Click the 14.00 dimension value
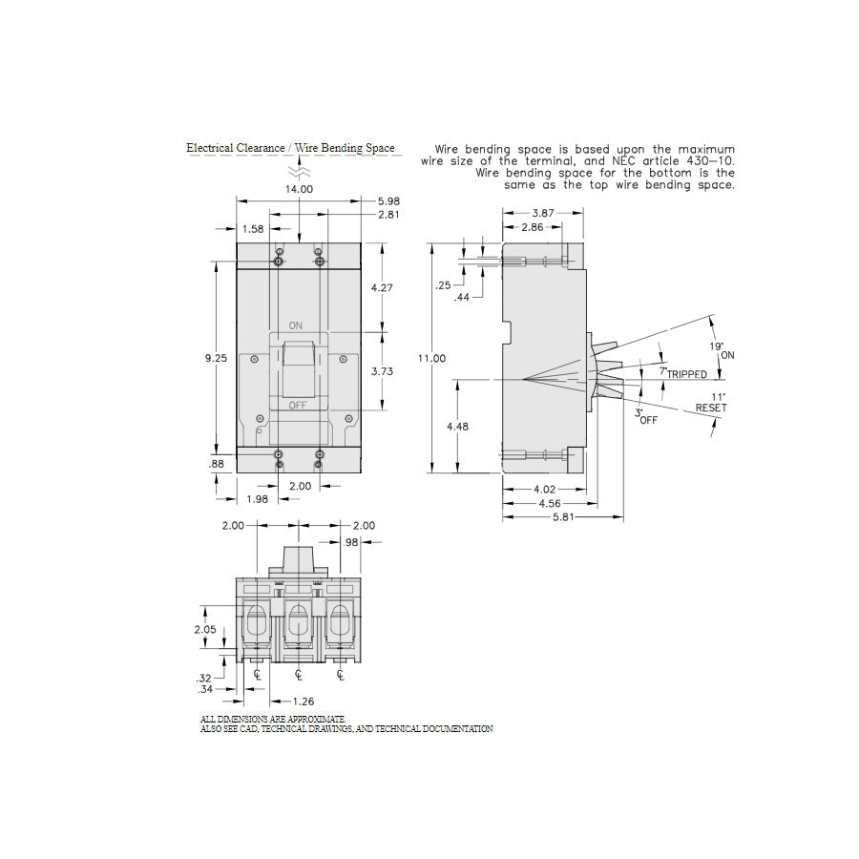click(x=300, y=189)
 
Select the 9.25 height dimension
click(x=217, y=358)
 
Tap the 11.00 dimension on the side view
click(x=432, y=358)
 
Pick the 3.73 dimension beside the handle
click(x=382, y=371)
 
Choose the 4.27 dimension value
click(x=382, y=286)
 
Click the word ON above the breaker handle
click(x=296, y=325)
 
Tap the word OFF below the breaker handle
click(x=297, y=406)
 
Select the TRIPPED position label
click(x=687, y=375)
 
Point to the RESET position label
click(x=710, y=408)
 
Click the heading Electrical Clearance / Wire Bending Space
click(x=290, y=148)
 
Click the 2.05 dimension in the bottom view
click(x=203, y=630)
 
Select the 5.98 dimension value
click(x=388, y=200)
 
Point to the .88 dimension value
click(x=217, y=465)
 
